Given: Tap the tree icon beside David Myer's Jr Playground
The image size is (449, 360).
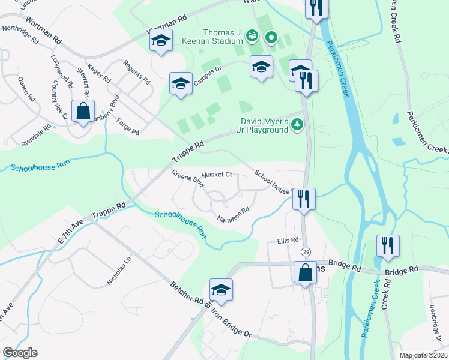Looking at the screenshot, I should coord(297,125).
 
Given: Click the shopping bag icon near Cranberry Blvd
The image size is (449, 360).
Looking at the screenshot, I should coord(83,111).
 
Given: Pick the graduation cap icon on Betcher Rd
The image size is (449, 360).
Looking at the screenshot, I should coord(221,290).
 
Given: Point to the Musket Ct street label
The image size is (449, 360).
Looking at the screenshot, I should coord(217,175).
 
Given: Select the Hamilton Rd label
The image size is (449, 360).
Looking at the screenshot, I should coord(233,214).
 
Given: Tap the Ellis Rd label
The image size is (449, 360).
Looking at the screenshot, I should coord(288,241).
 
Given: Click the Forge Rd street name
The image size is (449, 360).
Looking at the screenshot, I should coord(128,126).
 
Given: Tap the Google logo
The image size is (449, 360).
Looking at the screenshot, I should coord(20,353).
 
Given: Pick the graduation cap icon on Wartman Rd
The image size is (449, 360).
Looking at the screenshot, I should coord(161,41).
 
